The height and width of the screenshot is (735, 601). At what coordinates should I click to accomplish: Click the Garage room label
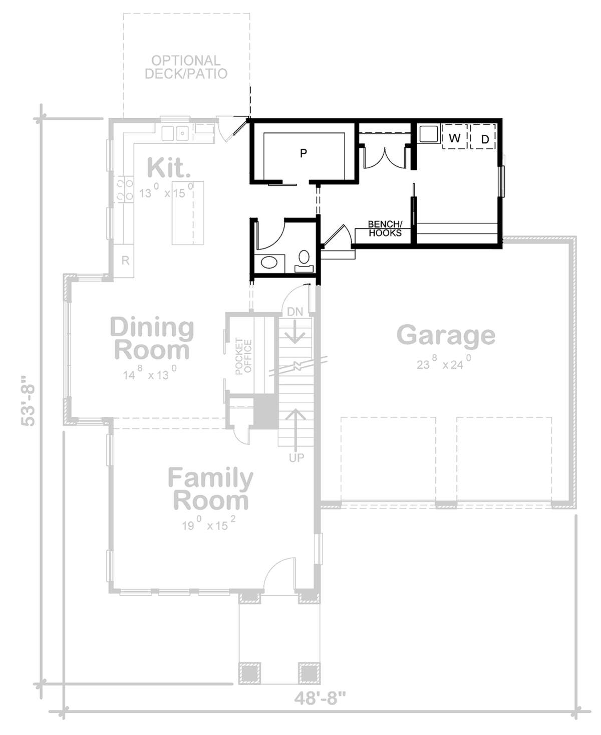pyautogui.click(x=446, y=335)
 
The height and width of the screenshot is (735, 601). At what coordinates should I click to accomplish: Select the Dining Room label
pyautogui.click(x=152, y=339)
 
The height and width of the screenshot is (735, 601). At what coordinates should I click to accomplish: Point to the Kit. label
pyautogui.click(x=169, y=168)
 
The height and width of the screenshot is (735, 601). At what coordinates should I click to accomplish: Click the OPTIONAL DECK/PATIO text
pyautogui.click(x=186, y=67)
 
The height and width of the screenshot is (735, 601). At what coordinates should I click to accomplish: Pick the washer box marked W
pyautogui.click(x=454, y=138)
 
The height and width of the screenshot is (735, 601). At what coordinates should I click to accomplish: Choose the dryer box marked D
pyautogui.click(x=484, y=139)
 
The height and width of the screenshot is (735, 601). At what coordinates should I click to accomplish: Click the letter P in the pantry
pyautogui.click(x=303, y=153)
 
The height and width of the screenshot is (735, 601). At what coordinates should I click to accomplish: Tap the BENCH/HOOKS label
pyautogui.click(x=385, y=228)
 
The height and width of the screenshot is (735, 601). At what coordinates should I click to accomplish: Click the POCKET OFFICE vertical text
pyautogui.click(x=243, y=356)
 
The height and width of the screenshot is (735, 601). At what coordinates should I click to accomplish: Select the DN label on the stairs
pyautogui.click(x=295, y=312)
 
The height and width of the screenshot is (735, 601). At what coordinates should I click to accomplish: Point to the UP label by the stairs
pyautogui.click(x=296, y=457)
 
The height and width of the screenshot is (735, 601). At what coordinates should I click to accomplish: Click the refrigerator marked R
pyautogui.click(x=126, y=261)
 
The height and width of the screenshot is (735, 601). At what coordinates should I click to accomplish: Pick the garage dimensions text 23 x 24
pyautogui.click(x=443, y=363)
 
